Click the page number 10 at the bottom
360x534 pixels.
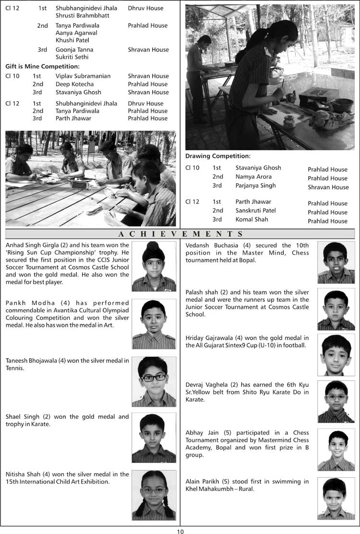180,531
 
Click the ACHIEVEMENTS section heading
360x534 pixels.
180,234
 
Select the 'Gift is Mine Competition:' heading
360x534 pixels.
42,66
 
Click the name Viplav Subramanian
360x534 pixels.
83,76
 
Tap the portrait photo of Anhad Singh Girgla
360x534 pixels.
154,266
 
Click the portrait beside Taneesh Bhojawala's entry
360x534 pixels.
154,381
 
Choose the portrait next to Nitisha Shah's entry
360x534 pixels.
154,495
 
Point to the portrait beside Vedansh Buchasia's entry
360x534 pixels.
336,262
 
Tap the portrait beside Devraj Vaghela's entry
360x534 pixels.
336,402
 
